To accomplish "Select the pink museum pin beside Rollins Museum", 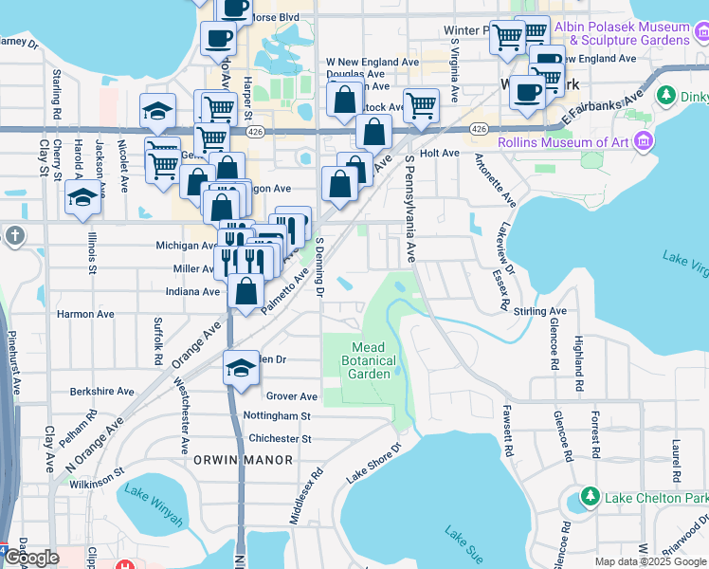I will pos(645,142).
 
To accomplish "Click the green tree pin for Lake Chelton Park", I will pos(590,497).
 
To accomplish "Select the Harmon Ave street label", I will pos(85,314).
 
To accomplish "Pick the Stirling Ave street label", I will pos(539,310).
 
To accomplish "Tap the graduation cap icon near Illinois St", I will pos(83,198).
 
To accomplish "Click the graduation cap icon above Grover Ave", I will pos(242,368).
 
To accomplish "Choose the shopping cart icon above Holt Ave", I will pos(420,105).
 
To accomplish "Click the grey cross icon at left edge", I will pos(14,236).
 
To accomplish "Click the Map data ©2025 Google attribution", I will pos(649,561).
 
